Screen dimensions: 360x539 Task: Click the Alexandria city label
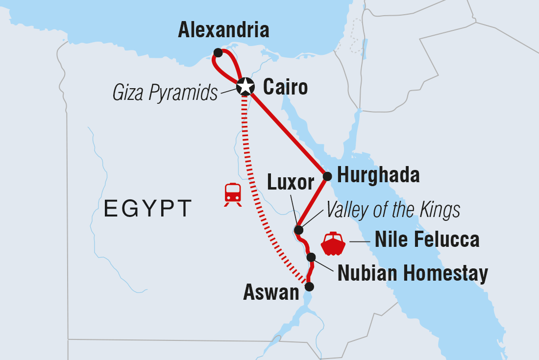223,30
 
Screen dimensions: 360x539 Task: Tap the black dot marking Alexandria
218,52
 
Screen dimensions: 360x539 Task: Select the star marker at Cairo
245,87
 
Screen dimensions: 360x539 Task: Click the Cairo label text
285,88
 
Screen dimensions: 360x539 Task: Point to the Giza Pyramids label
165,93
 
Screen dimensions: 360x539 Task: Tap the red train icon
233,194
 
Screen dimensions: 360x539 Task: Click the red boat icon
334,243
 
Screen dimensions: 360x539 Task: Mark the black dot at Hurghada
327,175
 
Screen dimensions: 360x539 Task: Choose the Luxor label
291,183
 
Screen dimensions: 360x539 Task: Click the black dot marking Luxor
298,230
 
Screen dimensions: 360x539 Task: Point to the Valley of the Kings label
393,210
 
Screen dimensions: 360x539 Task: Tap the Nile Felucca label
427,240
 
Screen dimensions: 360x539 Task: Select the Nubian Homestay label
413,274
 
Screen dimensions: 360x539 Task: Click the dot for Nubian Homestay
311,257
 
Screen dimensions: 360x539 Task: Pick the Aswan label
271,293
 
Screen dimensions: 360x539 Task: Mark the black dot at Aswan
309,287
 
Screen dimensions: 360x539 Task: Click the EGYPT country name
147,208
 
